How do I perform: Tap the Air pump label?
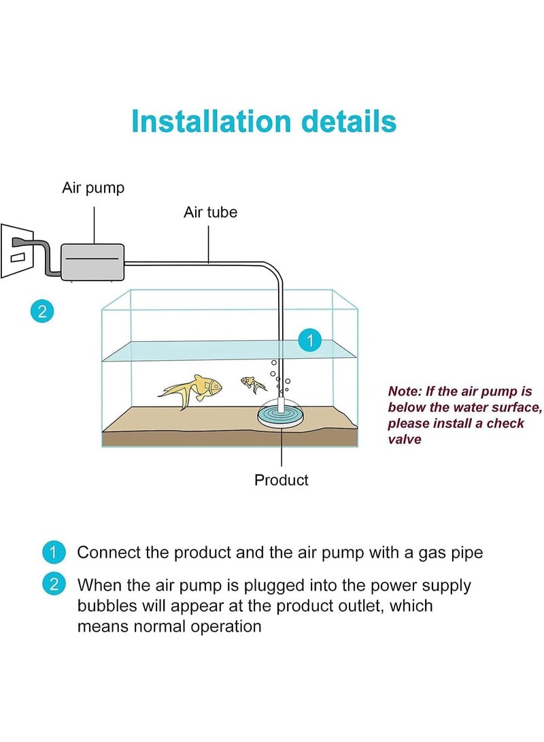pos(93,188)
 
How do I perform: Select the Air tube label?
pos(210,212)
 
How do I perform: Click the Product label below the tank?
pos(281,480)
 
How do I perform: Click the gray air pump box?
pos(93,259)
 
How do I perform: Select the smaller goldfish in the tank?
pos(254,385)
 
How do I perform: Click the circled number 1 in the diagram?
pos(310,340)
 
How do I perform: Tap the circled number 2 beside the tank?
pos(42,312)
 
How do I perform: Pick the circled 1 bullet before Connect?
pos(54,552)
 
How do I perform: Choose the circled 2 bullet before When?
pos(54,585)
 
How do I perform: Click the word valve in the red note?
pos(405,439)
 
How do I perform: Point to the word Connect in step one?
pos(109,552)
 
